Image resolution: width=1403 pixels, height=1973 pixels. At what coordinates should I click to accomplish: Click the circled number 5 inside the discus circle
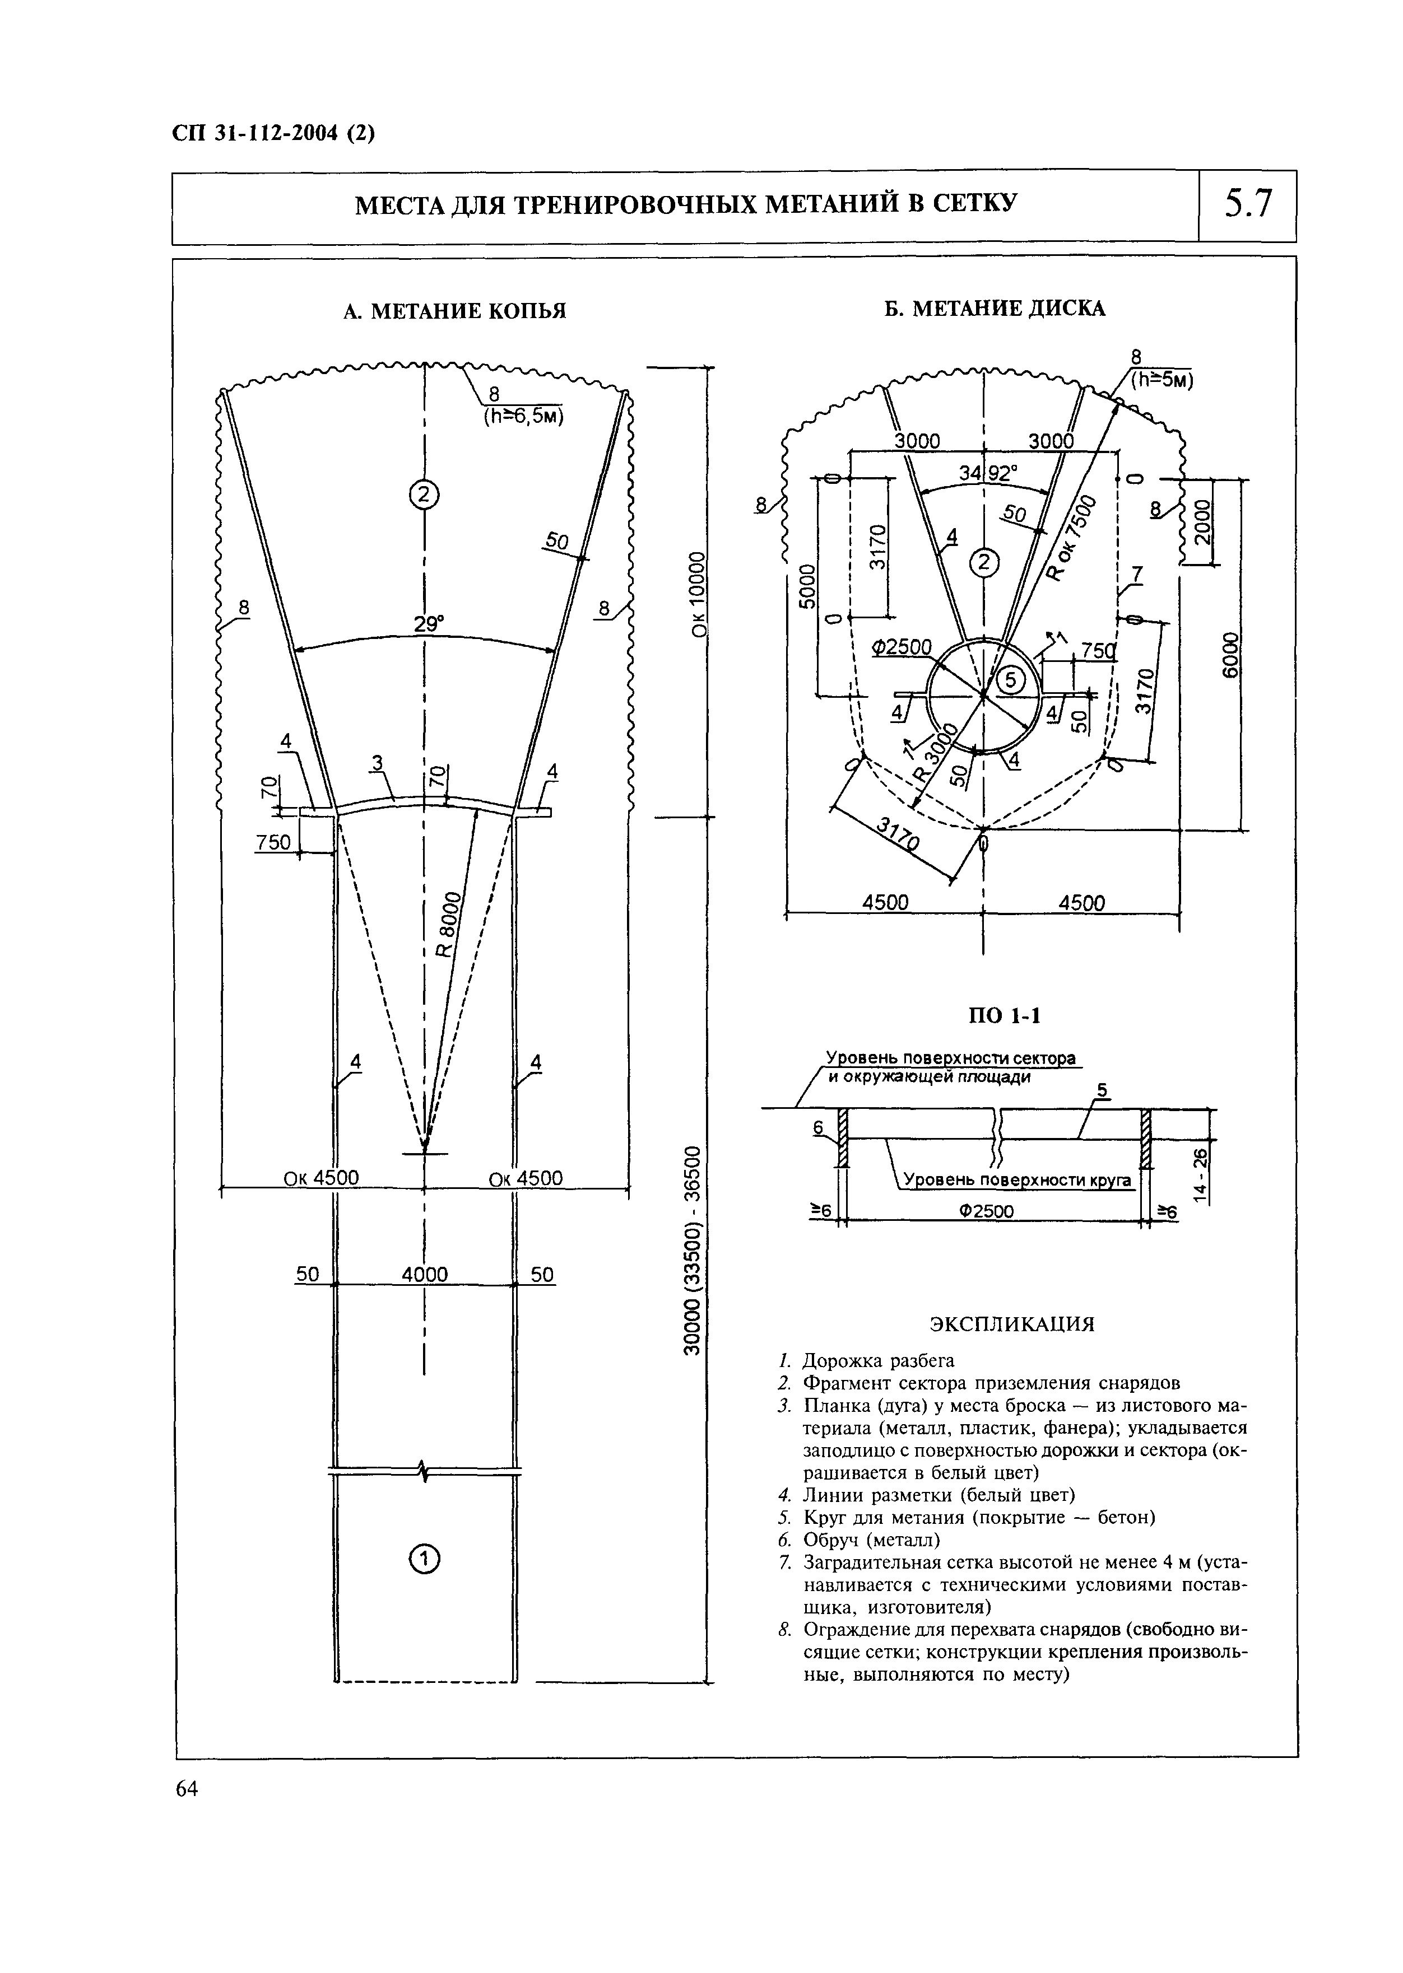(x=1010, y=681)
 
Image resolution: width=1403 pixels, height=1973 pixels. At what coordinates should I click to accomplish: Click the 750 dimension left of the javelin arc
(x=274, y=842)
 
